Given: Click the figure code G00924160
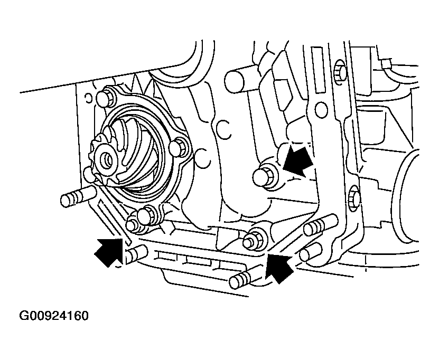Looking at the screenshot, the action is [54, 316].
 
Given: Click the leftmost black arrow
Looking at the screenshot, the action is [109, 252].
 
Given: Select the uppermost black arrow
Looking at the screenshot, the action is [297, 160].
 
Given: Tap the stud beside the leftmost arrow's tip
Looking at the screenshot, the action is [136, 253].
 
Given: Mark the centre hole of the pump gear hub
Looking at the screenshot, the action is [107, 161].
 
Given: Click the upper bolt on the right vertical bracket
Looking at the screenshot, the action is [340, 69].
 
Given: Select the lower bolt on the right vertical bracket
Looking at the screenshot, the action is [354, 197].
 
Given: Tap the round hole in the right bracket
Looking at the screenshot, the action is [321, 110].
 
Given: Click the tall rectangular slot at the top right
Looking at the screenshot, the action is [318, 70].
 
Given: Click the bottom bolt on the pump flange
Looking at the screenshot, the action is [147, 216].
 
